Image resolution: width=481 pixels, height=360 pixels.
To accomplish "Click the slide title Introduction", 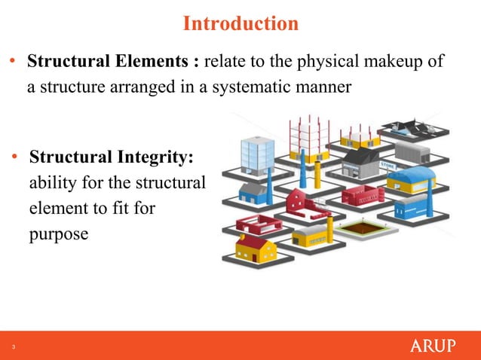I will coord(240,24).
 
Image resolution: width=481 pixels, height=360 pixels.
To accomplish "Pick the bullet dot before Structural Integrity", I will coord(14,159).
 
